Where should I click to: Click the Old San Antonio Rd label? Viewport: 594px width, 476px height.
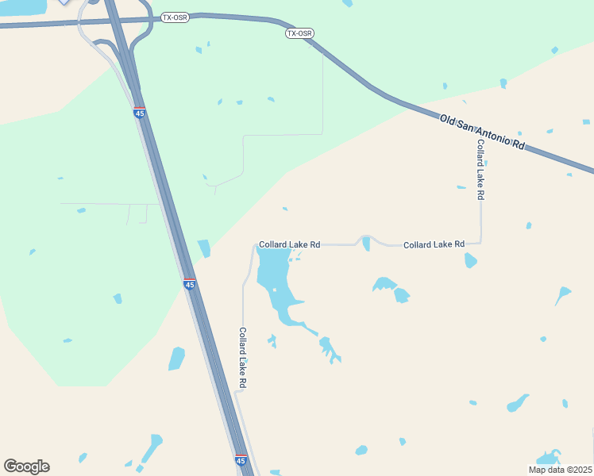[x=483, y=132]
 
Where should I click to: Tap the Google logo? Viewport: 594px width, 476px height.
[x=26, y=466]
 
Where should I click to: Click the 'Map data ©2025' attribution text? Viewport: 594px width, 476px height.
[x=559, y=470]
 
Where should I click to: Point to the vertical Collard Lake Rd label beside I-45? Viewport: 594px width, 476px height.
[x=243, y=358]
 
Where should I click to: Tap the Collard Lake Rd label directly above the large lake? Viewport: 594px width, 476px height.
[x=289, y=245]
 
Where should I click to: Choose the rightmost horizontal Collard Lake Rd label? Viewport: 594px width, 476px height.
[x=434, y=245]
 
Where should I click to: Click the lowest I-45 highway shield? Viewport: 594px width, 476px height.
[x=241, y=459]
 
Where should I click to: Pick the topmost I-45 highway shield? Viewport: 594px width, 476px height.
[x=140, y=113]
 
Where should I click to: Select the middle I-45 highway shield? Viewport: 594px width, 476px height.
[x=189, y=283]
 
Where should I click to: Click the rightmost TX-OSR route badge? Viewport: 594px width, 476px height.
[x=299, y=33]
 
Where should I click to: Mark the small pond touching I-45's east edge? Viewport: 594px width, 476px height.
[x=204, y=248]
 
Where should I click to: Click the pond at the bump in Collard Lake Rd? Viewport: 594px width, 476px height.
[x=366, y=243]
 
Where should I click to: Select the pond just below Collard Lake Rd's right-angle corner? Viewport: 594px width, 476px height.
[x=470, y=259]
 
